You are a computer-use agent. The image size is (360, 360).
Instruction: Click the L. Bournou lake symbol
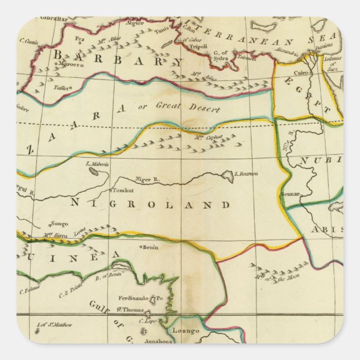[228, 177]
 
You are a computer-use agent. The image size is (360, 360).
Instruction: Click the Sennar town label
[292, 194]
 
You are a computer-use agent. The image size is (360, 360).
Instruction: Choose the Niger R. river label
[148, 180]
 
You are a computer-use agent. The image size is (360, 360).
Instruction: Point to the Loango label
[186, 331]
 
